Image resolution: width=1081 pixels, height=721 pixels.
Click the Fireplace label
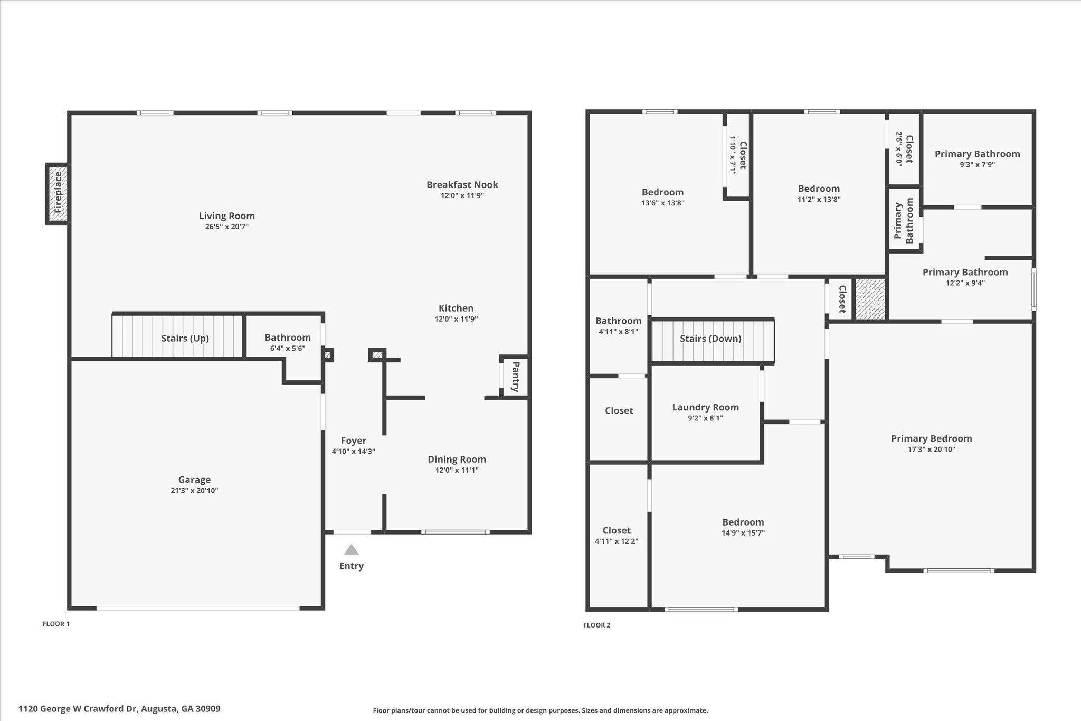point(58,193)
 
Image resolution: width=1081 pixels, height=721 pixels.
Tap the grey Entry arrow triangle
point(352,550)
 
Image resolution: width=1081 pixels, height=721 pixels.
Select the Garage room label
point(194,480)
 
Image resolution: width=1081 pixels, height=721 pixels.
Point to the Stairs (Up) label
point(185,338)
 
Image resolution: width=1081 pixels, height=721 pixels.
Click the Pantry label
point(516,377)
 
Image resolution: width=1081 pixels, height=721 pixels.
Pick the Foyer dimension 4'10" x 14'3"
point(354,452)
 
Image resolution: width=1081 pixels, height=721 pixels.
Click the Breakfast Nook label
point(462,184)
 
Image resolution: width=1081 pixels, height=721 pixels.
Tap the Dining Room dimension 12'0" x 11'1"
point(457,470)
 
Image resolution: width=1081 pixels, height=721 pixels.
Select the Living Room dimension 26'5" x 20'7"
point(227,227)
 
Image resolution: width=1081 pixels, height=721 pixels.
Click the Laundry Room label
point(706,407)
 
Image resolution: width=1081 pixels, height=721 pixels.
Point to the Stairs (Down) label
point(710,339)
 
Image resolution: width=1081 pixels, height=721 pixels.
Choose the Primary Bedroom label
point(932,438)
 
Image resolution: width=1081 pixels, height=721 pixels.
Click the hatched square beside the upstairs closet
point(870,299)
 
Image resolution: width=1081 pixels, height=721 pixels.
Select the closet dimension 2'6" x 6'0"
point(899,149)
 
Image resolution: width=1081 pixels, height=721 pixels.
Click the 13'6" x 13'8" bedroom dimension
point(663,203)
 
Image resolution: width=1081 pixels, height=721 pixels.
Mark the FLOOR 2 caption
point(597,625)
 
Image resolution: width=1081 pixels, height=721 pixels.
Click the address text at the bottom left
point(119,709)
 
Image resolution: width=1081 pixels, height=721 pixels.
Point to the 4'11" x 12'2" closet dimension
point(617,541)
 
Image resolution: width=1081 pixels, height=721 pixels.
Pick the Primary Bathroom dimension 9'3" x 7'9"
point(978,165)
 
